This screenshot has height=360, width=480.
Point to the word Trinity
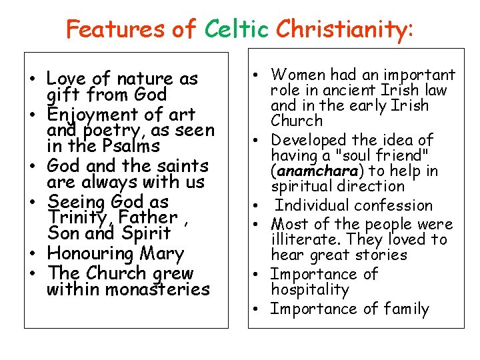pyautogui.click(x=78, y=217)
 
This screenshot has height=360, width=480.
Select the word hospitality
pyautogui.click(x=310, y=289)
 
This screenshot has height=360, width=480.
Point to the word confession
pyautogui.click(x=395, y=205)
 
